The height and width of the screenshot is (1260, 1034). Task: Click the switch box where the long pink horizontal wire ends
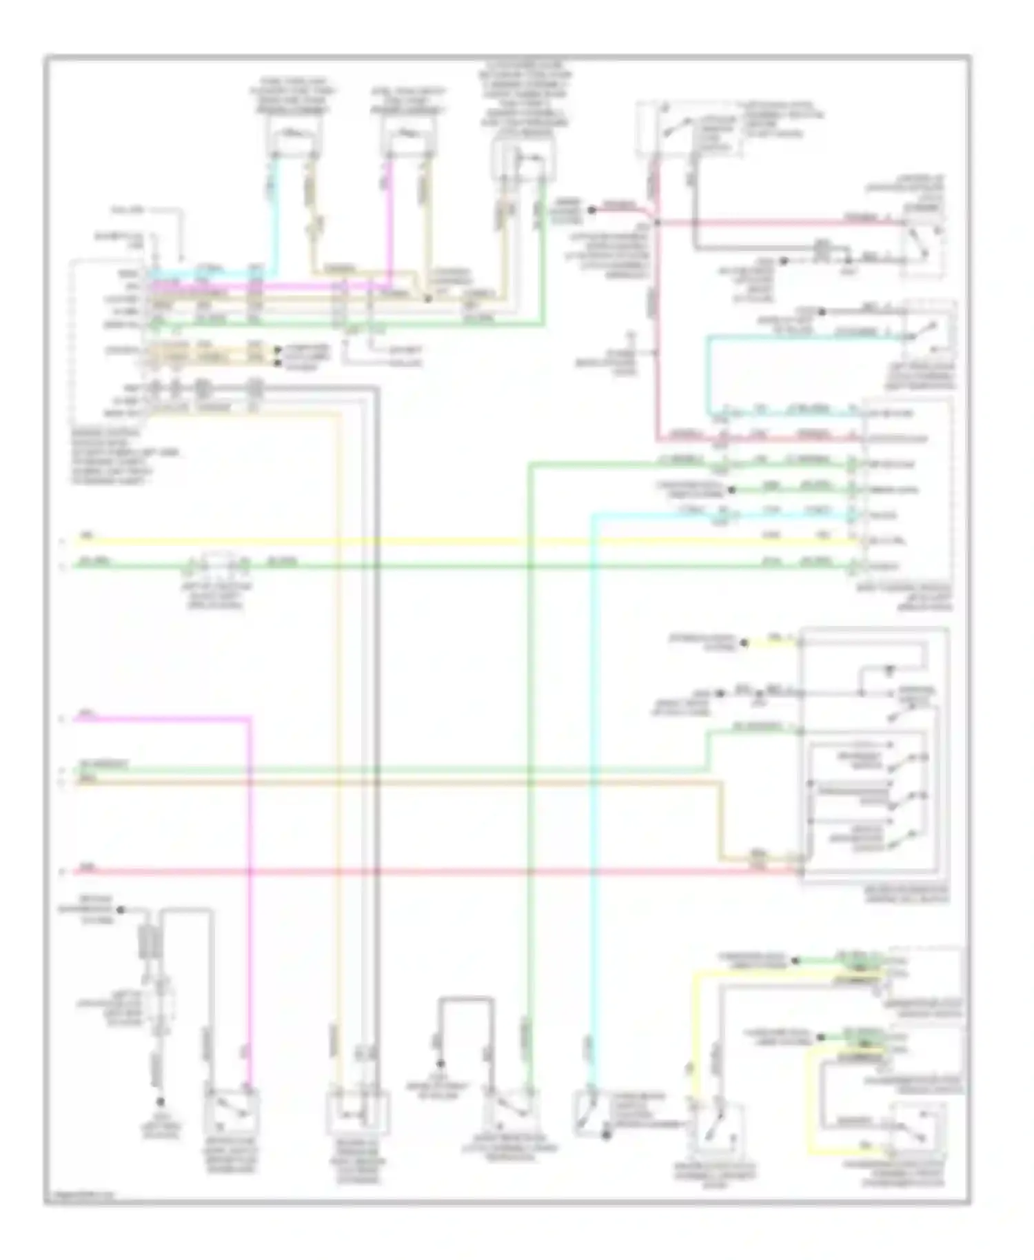[924, 245]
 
